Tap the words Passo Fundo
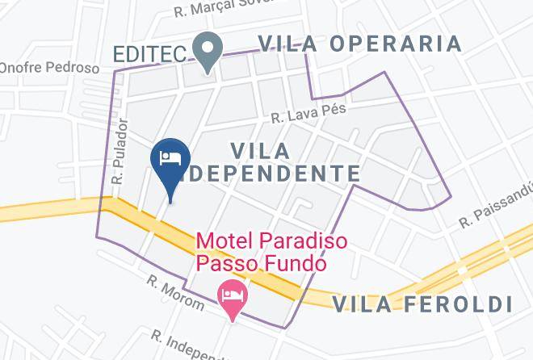click(261, 263)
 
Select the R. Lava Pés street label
click(303, 115)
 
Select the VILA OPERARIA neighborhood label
click(359, 44)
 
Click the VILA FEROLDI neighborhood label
click(423, 303)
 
